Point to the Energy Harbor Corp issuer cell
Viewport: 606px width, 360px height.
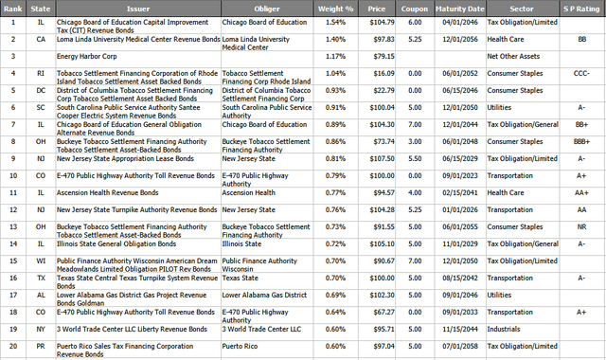(x=82, y=56)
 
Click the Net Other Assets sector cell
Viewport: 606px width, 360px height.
(x=514, y=56)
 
